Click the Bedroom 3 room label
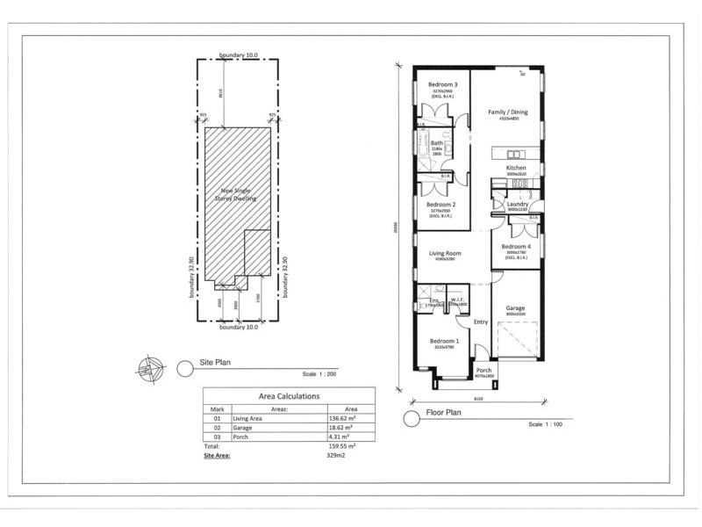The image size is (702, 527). [443, 84]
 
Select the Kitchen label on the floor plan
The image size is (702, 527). [516, 167]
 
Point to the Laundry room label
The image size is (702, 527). [517, 204]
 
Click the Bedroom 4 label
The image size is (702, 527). [516, 247]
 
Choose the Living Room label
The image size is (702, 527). [446, 254]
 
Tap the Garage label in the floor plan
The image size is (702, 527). [515, 308]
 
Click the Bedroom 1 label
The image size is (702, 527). [444, 341]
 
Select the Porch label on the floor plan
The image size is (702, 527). [484, 371]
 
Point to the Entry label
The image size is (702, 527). [480, 322]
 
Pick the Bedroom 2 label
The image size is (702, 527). [441, 204]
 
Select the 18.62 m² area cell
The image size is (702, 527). [336, 428]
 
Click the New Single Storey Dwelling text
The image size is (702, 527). [233, 195]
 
